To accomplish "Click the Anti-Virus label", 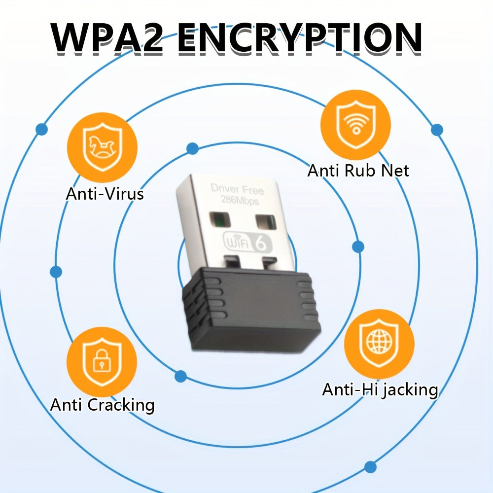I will [105, 194].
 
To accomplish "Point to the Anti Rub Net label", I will [358, 171].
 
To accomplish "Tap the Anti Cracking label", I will [102, 405].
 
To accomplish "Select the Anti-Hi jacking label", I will [380, 389].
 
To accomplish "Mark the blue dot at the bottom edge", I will [370, 466].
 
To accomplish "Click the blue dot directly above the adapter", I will [193, 148].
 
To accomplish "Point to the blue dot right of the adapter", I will [358, 246].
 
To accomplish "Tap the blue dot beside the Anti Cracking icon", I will [181, 377].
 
